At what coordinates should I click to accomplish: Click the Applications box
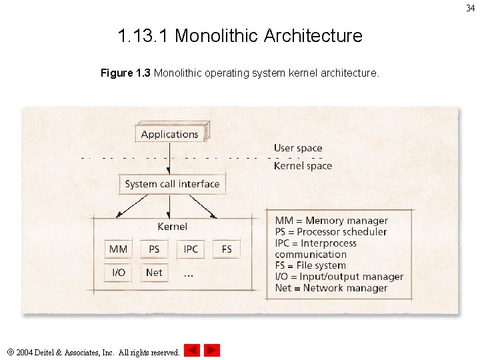[x=170, y=134]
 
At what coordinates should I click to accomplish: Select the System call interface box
[x=172, y=184]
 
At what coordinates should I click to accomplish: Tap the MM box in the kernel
[x=118, y=249]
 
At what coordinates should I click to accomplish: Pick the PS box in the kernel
[x=154, y=249]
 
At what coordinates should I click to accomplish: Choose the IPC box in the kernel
[x=191, y=249]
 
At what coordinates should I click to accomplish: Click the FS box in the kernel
[x=227, y=249]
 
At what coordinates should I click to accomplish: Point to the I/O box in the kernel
[x=118, y=272]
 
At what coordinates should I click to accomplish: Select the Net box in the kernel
[x=154, y=272]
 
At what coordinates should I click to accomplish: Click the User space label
[x=298, y=148]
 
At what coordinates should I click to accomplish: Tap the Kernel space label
[x=303, y=166]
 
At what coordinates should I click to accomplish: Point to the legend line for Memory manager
[x=331, y=221]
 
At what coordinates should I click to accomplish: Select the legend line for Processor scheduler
[x=331, y=232]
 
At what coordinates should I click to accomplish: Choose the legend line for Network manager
[x=331, y=288]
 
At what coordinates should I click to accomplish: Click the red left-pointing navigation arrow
[x=192, y=350]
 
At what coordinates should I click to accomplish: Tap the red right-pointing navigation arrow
[x=212, y=350]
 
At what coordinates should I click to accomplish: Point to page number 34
[x=470, y=8]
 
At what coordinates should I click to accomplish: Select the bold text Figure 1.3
[x=125, y=73]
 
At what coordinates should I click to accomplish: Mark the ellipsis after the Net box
[x=189, y=274]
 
